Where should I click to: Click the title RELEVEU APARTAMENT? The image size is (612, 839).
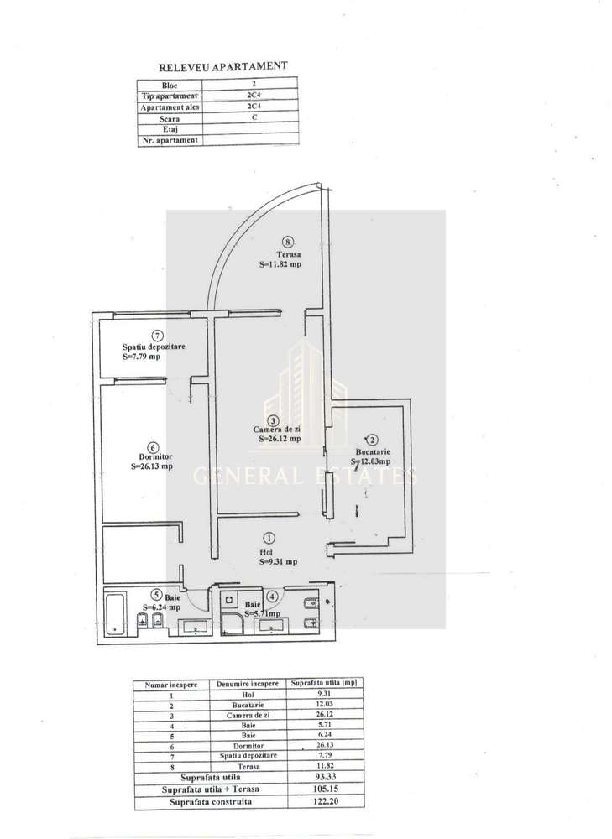tap(223, 65)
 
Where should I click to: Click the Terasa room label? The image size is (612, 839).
tap(280, 254)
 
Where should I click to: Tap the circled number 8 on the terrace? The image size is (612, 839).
tap(288, 239)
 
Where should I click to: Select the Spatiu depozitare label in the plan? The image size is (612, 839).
tap(154, 347)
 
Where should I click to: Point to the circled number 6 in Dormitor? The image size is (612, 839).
tap(152, 446)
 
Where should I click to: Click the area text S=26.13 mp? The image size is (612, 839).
tap(152, 466)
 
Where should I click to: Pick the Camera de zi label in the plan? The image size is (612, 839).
tap(278, 430)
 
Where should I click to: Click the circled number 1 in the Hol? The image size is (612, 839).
tap(269, 538)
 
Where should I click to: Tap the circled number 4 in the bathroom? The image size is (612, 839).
tap(271, 597)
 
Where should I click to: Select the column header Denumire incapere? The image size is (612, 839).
tap(249, 684)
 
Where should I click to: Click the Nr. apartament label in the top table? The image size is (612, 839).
tap(171, 140)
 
